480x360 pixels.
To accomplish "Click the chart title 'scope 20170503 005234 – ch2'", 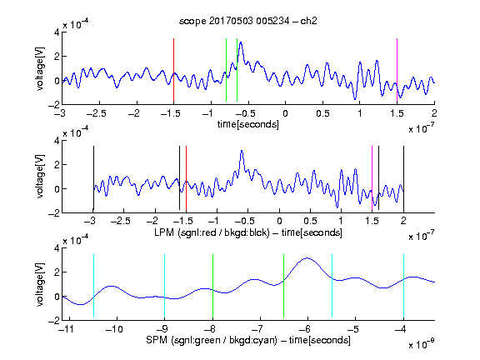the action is coord(248,21).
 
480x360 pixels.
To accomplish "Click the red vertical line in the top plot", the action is coord(173,70).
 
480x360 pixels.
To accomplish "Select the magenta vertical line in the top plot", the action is coord(397,70).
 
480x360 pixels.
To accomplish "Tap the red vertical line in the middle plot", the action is coord(186,178).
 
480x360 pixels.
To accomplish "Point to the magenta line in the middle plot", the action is coord(372,178).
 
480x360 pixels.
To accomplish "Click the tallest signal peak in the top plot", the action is coord(241,42).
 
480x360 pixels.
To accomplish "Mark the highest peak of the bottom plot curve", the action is coord(307,258).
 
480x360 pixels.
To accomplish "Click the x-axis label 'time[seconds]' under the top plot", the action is coord(248,124).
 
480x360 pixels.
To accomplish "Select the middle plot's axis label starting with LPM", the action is coord(248,232).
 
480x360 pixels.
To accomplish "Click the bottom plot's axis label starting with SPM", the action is coord(248,340).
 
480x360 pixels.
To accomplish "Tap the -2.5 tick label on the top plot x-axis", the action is coord(97,113).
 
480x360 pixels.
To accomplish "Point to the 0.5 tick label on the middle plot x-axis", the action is coord(310,221).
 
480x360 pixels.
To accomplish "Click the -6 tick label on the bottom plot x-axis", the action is coord(305,329).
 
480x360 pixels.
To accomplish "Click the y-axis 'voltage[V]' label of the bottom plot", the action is coord(40,284).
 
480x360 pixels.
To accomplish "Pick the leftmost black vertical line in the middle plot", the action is coord(93,178).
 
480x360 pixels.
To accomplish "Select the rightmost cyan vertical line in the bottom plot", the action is coord(403,286).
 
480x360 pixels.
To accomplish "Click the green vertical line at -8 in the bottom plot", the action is coord(212,286).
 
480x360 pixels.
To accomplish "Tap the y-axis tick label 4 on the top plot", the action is coord(57,32).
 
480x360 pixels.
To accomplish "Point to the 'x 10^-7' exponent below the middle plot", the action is coord(422,236).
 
